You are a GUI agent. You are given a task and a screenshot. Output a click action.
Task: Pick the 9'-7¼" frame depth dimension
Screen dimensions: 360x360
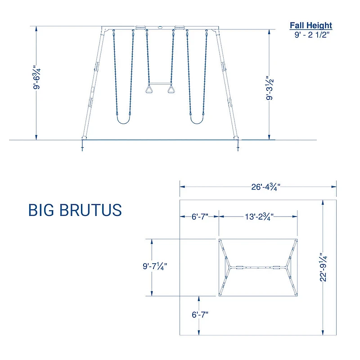click(x=152, y=266)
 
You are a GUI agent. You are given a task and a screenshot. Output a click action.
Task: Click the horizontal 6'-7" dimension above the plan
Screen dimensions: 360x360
click(x=199, y=216)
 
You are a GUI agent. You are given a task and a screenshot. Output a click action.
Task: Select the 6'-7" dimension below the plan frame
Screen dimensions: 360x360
click(x=198, y=315)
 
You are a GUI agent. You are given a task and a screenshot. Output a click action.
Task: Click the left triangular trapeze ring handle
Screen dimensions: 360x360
click(x=148, y=90)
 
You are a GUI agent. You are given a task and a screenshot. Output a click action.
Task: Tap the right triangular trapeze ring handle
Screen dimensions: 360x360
click(x=171, y=90)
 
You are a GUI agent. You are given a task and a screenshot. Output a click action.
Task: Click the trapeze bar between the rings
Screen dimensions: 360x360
click(x=160, y=84)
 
